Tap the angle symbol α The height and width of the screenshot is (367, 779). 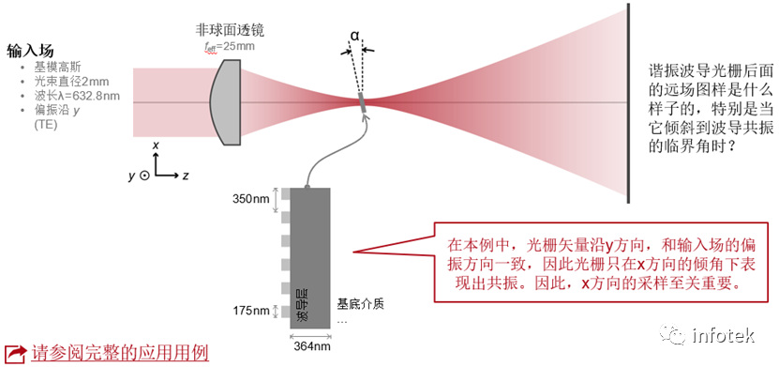coord(355,36)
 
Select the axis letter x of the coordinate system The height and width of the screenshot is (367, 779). coord(155,145)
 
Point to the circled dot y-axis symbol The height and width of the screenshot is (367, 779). coord(143,176)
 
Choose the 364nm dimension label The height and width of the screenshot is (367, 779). coord(310,345)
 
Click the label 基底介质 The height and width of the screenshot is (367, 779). coord(360,304)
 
